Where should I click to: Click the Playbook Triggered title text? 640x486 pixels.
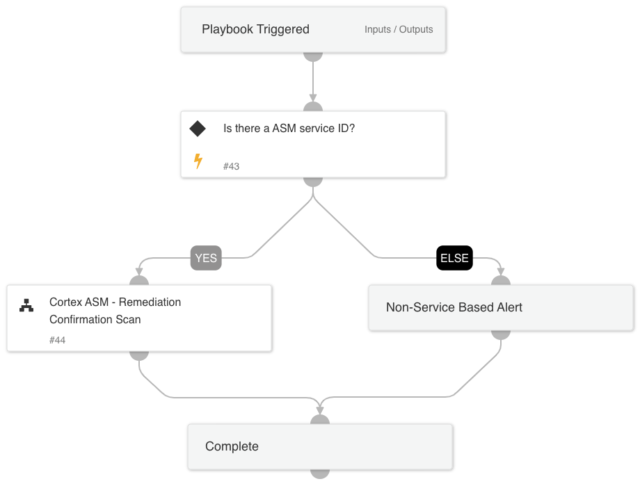255,29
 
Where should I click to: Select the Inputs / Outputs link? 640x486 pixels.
399,29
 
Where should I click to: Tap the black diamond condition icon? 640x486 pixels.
198,129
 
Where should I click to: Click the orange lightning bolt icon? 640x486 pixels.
198,161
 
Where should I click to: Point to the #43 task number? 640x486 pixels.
231,166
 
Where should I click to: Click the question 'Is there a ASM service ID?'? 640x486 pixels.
289,129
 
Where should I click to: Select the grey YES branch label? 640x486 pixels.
206,258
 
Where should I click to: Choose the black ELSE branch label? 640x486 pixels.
454,258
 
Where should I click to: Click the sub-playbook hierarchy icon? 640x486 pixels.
26,305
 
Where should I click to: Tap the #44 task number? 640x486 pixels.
57,340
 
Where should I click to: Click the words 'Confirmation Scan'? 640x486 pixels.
95,320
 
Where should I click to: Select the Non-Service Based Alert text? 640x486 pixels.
454,307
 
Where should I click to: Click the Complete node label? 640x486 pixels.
232,446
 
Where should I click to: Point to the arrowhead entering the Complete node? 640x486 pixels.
320,410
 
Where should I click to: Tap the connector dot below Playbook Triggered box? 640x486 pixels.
313,56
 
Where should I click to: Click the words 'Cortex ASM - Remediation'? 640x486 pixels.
115,302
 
